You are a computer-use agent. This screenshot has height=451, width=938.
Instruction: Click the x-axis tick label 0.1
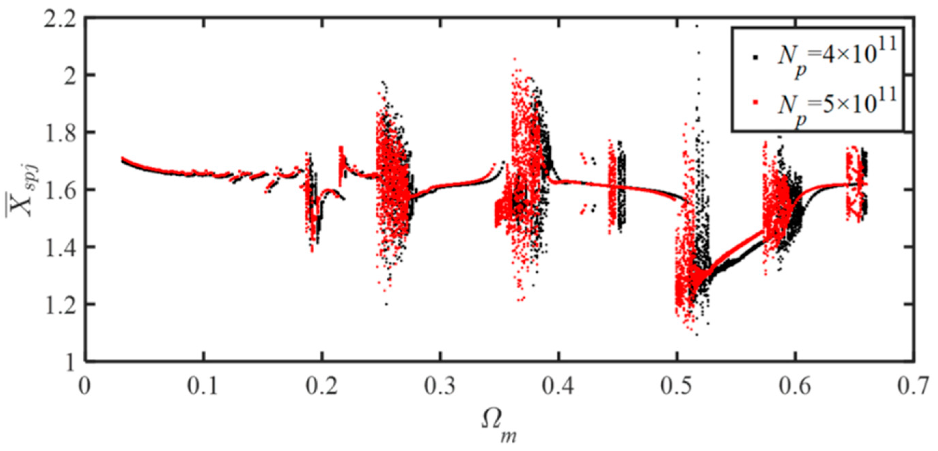click(203, 386)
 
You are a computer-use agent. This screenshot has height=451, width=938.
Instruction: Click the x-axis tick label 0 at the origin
click(84, 386)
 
